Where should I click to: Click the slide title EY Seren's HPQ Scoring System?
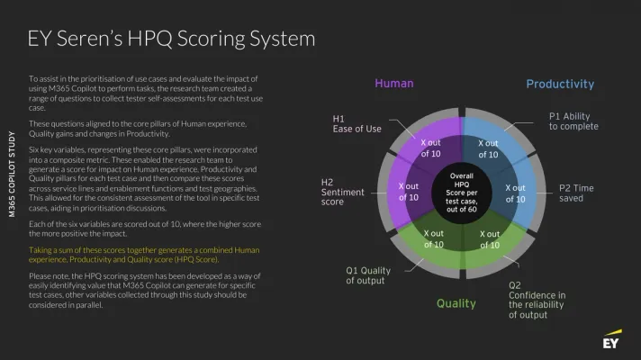(171, 40)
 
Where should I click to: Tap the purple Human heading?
(394, 84)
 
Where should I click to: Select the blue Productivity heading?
(560, 85)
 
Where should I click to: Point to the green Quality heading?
(456, 303)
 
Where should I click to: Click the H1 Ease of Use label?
(357, 124)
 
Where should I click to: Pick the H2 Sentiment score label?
(343, 192)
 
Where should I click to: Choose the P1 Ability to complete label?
(573, 121)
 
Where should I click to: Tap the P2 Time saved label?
(576, 193)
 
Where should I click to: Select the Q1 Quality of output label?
(368, 275)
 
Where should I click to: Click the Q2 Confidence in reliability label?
(537, 300)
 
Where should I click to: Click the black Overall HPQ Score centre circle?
(462, 193)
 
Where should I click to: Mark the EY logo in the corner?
(612, 339)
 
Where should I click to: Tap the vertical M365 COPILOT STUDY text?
(12, 174)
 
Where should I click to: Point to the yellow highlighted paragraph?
(144, 255)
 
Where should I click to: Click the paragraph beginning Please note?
(144, 290)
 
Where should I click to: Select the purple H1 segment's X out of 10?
(431, 148)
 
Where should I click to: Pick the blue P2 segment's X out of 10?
(515, 193)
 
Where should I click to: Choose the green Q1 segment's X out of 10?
(433, 239)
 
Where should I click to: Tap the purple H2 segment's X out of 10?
(409, 192)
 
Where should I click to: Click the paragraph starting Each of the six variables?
(145, 229)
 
